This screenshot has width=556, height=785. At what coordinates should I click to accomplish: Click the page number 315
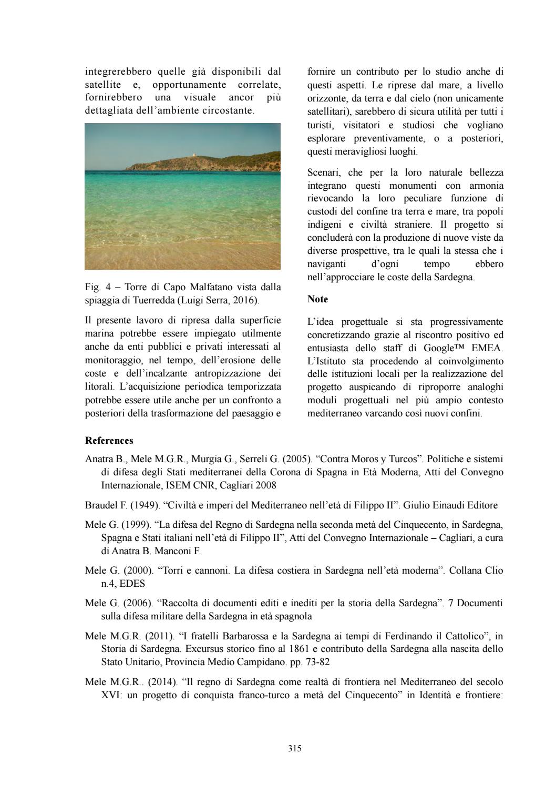point(294,748)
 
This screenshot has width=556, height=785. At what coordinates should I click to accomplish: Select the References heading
point(109,441)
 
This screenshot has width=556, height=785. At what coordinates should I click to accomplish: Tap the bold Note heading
point(317,299)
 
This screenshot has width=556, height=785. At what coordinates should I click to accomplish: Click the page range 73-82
point(316,662)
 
